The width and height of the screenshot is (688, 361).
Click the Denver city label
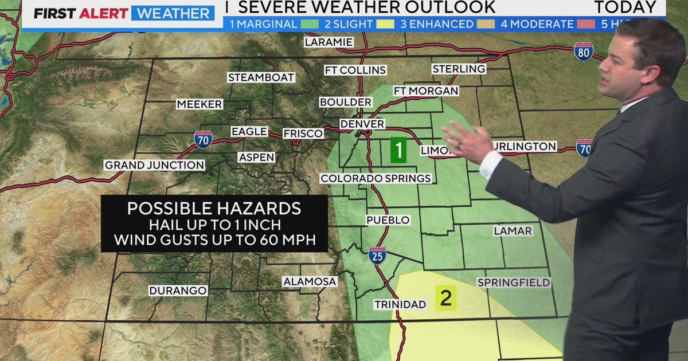pyautogui.click(x=362, y=124)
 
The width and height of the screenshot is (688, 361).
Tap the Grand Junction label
pyautogui.click(x=154, y=165)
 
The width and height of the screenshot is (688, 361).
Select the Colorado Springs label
pyautogui.click(x=376, y=178)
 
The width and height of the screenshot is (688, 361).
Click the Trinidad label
pyautogui.click(x=400, y=304)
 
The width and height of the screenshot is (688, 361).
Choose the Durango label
pyautogui.click(x=178, y=291)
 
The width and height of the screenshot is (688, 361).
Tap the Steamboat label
pyautogui.click(x=261, y=77)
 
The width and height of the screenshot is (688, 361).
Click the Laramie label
pyautogui.click(x=329, y=42)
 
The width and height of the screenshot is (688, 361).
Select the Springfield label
pyautogui.click(x=514, y=282)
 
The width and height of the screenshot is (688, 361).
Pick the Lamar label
pyautogui.click(x=513, y=230)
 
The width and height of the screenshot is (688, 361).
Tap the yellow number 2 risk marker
pyautogui.click(x=445, y=298)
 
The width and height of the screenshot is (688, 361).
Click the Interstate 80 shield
pyautogui.click(x=584, y=52)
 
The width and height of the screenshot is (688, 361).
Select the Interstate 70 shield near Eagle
pyautogui.click(x=202, y=139)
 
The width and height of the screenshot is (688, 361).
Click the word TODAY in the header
pyautogui.click(x=624, y=7)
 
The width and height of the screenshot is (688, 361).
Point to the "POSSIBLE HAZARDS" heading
pyautogui.click(x=214, y=207)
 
